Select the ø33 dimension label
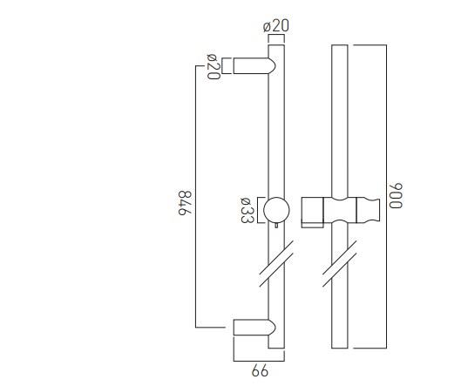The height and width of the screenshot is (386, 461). [x=247, y=211]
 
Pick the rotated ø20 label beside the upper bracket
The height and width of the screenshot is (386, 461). [x=212, y=67]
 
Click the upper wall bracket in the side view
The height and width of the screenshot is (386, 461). [x=254, y=66]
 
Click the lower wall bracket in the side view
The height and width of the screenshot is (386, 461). [x=254, y=328]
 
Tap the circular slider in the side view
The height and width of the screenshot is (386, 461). [x=276, y=210]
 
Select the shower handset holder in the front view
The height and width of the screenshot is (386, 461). [x=341, y=211]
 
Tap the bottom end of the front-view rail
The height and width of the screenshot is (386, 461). [x=340, y=349]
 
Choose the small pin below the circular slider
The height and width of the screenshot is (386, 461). [x=276, y=228]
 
